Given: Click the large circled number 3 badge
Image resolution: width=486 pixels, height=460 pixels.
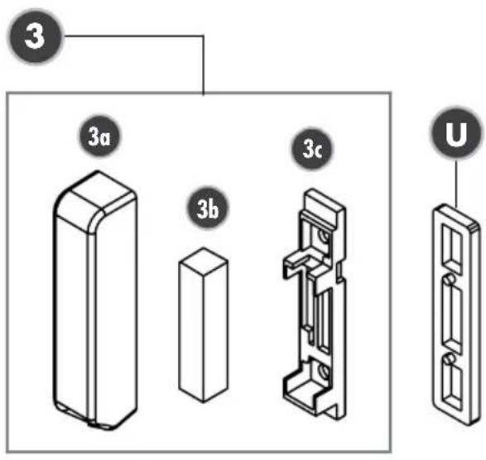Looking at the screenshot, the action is [x=35, y=36].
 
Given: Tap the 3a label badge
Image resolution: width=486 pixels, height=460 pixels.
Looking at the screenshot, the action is [x=99, y=137].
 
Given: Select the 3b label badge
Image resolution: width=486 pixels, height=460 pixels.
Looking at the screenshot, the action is [x=208, y=208].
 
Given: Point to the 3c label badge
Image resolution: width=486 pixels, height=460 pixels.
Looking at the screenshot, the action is [x=312, y=149].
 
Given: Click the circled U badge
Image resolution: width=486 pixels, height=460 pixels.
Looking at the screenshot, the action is [x=456, y=134].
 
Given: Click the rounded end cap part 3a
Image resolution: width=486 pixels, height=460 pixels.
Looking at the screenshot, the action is [x=95, y=300].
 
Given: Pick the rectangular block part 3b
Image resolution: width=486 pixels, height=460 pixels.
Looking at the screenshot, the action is [x=204, y=325].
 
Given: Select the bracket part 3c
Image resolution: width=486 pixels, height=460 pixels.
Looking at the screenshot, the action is [x=315, y=304].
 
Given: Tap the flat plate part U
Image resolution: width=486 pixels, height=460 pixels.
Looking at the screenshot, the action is [x=456, y=314].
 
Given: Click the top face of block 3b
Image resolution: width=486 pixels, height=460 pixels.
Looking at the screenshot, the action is [x=204, y=261].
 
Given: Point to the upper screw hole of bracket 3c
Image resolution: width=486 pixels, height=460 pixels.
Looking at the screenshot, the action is [x=325, y=237].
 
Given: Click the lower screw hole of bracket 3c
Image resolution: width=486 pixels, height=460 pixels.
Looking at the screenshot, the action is [x=325, y=371].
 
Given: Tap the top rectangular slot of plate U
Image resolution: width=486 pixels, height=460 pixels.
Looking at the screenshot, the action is [x=451, y=248].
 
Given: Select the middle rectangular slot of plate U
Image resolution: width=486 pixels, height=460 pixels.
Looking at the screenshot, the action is [x=453, y=319].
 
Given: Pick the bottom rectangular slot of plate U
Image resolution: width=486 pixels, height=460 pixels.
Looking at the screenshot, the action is [x=453, y=387].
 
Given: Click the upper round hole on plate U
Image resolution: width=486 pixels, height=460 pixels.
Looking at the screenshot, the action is [x=450, y=279].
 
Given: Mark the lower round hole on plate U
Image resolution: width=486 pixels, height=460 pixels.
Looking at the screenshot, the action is [x=450, y=358].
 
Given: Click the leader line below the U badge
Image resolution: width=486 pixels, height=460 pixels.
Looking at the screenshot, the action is [x=456, y=184].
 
